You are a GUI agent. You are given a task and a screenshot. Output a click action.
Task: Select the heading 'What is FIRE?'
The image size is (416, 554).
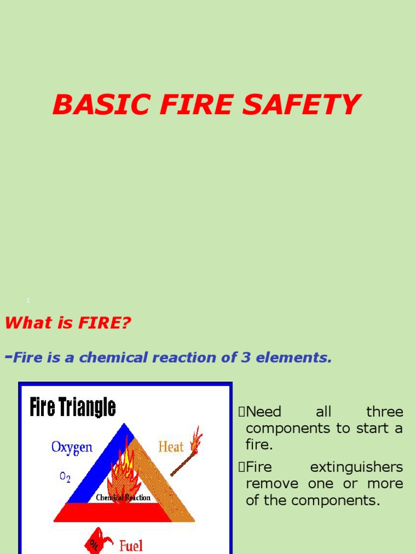click(68, 324)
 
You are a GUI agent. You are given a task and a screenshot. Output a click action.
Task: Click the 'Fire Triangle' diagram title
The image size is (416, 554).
click(73, 407)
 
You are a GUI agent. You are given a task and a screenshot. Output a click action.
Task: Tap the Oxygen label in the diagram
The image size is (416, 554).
click(72, 447)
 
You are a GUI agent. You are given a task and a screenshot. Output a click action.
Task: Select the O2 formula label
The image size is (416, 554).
click(66, 477)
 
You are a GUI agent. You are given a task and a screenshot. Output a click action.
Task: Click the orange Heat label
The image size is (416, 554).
click(171, 447)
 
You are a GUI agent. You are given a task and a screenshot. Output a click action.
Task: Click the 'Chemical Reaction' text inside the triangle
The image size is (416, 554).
click(123, 498)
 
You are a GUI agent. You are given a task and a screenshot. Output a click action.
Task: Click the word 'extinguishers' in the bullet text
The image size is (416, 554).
click(356, 467)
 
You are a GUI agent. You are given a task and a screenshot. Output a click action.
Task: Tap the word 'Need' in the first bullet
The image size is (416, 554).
click(264, 412)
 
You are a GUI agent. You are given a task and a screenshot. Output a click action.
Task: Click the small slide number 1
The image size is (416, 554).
click(28, 300)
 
